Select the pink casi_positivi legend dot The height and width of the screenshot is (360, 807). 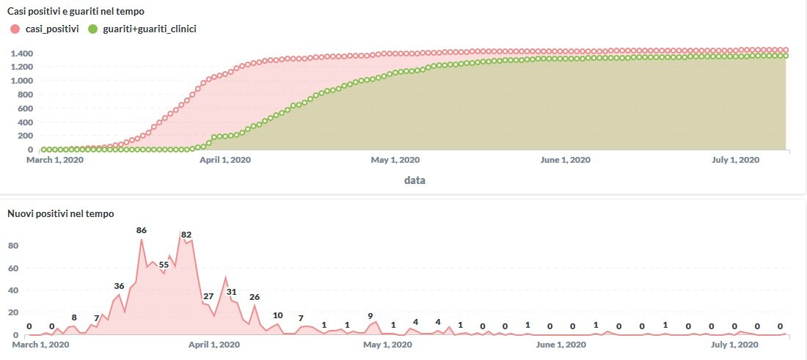(x=15, y=29)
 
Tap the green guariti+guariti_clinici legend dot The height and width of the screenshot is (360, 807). (x=92, y=29)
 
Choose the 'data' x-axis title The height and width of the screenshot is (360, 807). (x=415, y=180)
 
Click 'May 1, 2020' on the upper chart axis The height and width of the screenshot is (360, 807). (x=395, y=160)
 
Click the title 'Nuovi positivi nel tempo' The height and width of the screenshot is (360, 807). (x=60, y=213)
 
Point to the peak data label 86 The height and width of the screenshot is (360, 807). (x=142, y=230)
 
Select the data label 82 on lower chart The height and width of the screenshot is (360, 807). (x=186, y=235)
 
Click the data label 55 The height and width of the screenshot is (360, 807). (x=164, y=265)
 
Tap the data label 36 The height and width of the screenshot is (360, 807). (x=119, y=285)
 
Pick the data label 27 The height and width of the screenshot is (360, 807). (x=208, y=296)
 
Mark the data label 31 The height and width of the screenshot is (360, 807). (x=231, y=292)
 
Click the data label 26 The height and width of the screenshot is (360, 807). (x=255, y=297)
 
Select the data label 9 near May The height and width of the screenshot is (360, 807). (x=370, y=316)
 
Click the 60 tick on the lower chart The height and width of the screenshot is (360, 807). (x=12, y=268)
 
